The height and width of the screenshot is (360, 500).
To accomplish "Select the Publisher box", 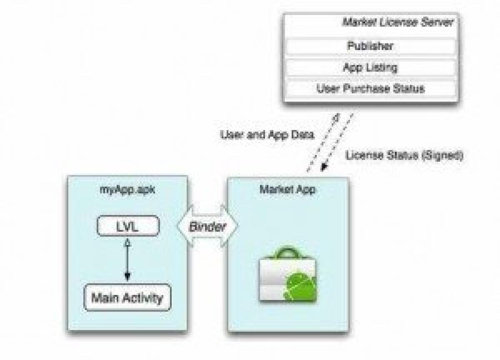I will [370, 46].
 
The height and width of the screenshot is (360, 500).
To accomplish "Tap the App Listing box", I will [370, 67].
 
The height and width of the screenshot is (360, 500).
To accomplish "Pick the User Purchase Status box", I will [370, 88].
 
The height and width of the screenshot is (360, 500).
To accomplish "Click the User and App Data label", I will [267, 135].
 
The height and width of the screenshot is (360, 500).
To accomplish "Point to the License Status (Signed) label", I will [404, 156].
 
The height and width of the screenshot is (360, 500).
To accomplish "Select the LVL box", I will [128, 225].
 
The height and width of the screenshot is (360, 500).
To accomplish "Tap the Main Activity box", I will [127, 297].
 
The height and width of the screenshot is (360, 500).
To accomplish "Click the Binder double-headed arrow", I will [207, 226].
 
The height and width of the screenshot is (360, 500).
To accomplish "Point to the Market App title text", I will [287, 189].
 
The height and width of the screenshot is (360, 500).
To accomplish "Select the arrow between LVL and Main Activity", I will [128, 260].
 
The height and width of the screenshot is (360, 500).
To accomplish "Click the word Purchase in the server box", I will [370, 88].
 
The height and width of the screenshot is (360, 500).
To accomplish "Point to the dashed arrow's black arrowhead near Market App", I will [323, 168].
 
